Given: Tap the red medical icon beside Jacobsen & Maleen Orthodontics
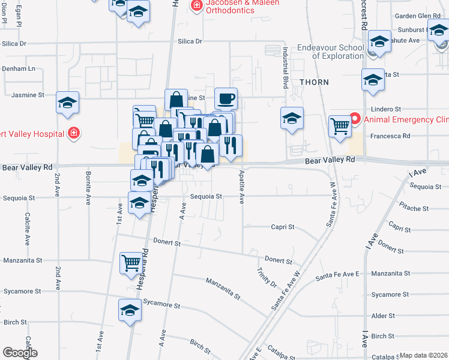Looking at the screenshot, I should point(196,6).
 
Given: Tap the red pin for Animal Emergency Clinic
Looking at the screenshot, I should point(354,119).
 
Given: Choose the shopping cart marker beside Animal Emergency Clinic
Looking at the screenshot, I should point(340,127).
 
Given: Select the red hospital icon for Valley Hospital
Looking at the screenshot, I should point(73,133).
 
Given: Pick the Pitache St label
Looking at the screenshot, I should point(414,208).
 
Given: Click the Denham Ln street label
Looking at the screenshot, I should point(19,69).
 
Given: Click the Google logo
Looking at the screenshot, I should point(19,353).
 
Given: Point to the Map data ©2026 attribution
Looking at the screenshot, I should point(423,355).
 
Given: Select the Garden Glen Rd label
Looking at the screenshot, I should point(417,16).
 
